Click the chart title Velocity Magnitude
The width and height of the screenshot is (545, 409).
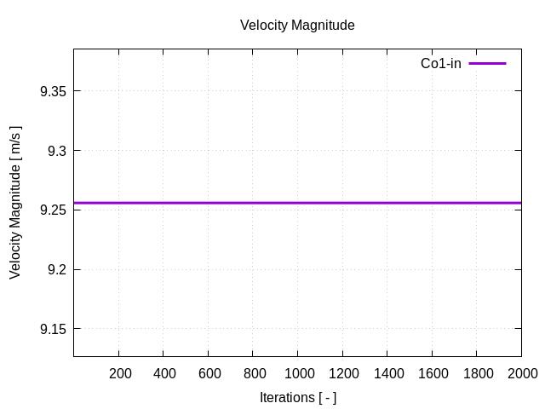point(297,26)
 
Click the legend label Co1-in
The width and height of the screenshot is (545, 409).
point(441,64)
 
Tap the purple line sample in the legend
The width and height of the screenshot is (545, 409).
point(487,64)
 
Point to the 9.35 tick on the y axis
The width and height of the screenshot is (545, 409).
point(54,91)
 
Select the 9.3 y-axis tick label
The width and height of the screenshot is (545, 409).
point(57,151)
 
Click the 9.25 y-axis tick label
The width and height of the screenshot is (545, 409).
point(54,210)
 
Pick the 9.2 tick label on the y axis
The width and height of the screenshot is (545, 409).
point(57,270)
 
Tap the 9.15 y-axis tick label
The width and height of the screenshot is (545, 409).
point(54,329)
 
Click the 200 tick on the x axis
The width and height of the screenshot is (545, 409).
point(120,373)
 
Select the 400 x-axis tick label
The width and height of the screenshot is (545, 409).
point(164,373)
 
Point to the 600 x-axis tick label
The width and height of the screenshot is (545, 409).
point(209,373)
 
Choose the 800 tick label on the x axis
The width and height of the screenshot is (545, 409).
point(254,373)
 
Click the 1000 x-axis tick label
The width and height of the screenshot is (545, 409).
point(297,373)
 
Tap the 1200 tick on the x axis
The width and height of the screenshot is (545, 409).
point(342,373)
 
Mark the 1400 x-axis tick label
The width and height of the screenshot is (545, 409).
point(387,373)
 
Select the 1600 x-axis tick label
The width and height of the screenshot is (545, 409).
point(432,373)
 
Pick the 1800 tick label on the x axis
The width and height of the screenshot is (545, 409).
point(476,373)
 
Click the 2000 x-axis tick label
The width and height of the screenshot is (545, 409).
point(520,373)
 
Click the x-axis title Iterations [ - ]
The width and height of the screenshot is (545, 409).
point(297,398)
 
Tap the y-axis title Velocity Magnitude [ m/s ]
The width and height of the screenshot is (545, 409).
point(15,202)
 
